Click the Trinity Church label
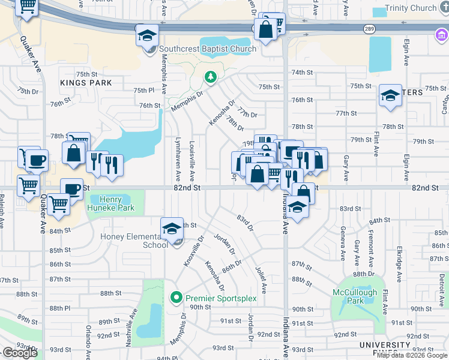point(411,8)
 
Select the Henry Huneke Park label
point(110,204)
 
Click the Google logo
point(20,353)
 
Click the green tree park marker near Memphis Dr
point(210,77)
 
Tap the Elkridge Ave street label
point(398,251)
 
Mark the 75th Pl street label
point(143,90)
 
